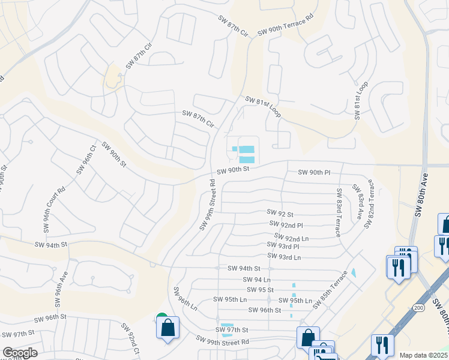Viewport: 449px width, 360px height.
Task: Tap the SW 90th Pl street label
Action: pyautogui.click(x=315, y=173)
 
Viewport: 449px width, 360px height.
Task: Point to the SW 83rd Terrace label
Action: pyautogui.click(x=339, y=212)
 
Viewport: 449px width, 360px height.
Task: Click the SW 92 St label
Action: pyautogui.click(x=280, y=214)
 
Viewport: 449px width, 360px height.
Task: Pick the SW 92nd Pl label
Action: pyautogui.click(x=282, y=225)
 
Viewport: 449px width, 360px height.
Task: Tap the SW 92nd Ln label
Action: pyautogui.click(x=291, y=238)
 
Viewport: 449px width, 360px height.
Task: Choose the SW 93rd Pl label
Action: pyautogui.click(x=283, y=247)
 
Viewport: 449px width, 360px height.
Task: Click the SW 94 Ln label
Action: pyautogui.click(x=257, y=280)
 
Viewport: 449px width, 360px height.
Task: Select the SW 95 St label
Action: pyautogui.click(x=262, y=289)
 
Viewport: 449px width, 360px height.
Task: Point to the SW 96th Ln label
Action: pyautogui.click(x=185, y=298)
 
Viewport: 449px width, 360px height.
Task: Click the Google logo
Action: pyautogui.click(x=20, y=353)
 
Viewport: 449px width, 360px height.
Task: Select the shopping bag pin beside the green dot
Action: pyautogui.click(x=168, y=328)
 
